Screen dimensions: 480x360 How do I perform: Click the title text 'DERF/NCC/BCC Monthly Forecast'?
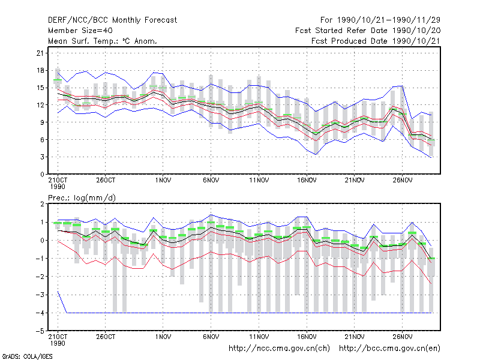click(112, 20)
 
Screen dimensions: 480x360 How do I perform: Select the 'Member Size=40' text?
click(80, 31)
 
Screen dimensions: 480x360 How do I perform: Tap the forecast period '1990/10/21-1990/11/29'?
click(389, 20)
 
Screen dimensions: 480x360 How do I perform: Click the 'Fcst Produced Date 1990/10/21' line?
click(376, 41)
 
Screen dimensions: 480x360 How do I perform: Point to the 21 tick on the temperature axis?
click(40, 53)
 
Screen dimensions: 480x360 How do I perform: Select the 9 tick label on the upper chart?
click(42, 122)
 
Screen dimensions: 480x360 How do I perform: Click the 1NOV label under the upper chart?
click(163, 181)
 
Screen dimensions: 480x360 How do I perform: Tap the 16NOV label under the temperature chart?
click(307, 181)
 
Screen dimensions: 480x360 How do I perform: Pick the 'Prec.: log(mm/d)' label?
click(82, 198)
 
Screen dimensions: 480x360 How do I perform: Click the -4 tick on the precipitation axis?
click(40, 313)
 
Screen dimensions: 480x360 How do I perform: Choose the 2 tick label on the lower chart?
click(42, 204)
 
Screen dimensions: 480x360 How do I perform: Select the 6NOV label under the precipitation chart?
click(211, 337)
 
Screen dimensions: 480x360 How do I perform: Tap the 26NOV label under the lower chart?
click(403, 337)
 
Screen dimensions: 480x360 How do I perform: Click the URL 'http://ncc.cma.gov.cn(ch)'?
click(279, 349)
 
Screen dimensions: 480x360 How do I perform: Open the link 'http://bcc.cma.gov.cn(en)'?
click(389, 349)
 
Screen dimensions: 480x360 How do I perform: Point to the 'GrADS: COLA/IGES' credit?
click(27, 356)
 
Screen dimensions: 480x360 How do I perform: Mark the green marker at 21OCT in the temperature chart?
click(58, 80)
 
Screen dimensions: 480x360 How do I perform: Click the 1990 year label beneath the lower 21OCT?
click(58, 343)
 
